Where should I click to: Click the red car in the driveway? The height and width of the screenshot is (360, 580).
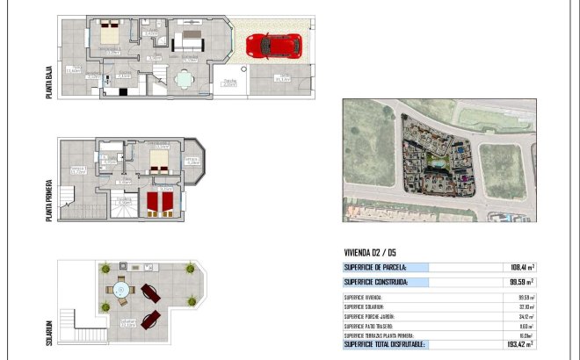pyautogui.click(x=274, y=45)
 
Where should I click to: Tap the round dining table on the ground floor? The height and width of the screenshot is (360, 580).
pyautogui.click(x=184, y=79)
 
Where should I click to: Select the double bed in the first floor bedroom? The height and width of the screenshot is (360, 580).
pyautogui.click(x=160, y=159)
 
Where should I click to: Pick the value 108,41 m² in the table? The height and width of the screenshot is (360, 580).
pyautogui.click(x=520, y=267)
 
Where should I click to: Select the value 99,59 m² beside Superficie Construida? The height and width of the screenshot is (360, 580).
pyautogui.click(x=520, y=282)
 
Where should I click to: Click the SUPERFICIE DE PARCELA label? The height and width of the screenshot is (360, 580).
pyautogui.click(x=375, y=267)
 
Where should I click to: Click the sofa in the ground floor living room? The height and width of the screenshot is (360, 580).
pyautogui.click(x=188, y=42)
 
